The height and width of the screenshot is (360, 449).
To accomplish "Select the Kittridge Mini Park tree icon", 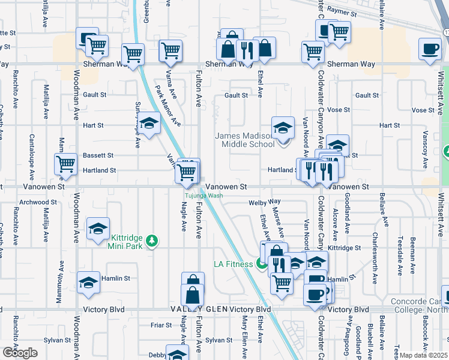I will click(x=152, y=241).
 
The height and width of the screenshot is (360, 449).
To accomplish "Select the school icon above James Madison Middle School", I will click(x=283, y=128).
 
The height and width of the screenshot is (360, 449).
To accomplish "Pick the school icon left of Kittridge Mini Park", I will click(x=98, y=230).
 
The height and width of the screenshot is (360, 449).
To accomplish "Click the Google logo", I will click(x=19, y=352).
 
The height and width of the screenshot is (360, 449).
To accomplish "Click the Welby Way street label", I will click(x=265, y=202).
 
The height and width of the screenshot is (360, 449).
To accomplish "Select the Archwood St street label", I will click(x=37, y=202).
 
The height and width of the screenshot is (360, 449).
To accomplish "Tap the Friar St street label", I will click(x=161, y=325).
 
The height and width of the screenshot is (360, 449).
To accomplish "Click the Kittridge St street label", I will click(x=345, y=248).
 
